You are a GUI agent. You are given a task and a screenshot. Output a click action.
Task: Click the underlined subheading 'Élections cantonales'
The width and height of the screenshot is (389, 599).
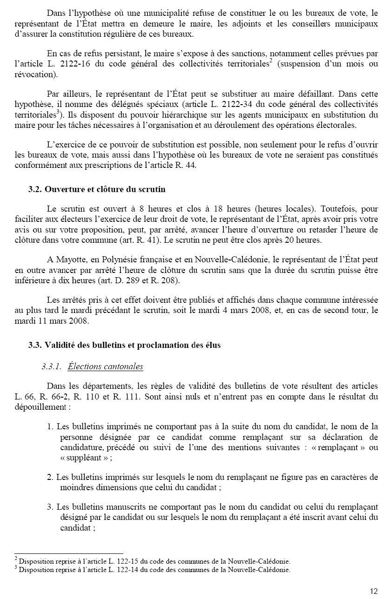click(x=105, y=366)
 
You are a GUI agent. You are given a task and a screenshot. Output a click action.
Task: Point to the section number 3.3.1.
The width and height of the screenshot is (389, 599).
click(x=51, y=366)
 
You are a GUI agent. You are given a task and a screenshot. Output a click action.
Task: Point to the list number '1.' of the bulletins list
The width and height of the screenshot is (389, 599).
click(x=50, y=426)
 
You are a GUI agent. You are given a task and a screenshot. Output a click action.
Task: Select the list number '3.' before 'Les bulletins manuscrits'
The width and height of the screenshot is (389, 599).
click(x=50, y=506)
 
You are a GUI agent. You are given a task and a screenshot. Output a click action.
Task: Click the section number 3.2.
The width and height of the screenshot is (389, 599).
click(x=35, y=190)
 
